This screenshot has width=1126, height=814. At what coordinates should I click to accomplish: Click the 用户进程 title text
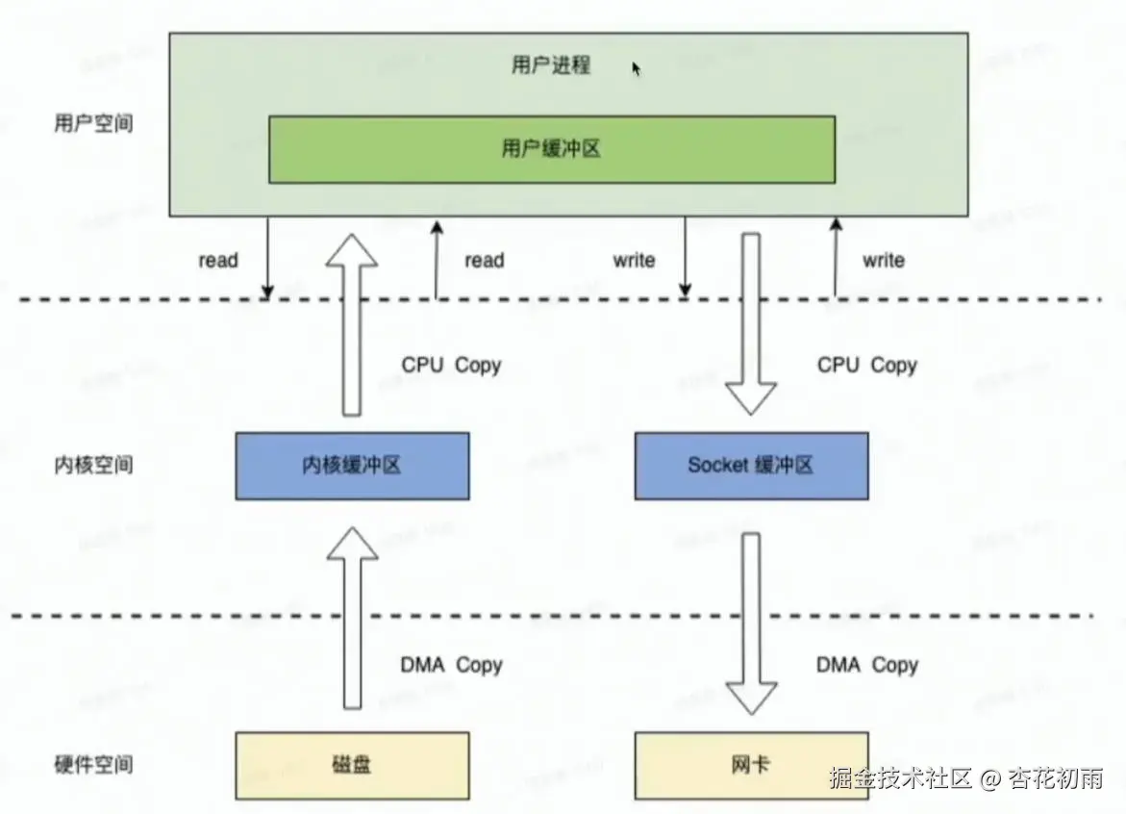550,66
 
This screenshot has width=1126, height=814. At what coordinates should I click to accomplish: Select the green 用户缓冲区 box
551,149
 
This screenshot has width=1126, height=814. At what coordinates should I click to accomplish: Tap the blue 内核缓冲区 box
352,466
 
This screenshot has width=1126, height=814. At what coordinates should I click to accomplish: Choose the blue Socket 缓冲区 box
751,466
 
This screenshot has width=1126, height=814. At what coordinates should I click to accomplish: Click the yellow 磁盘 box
352,766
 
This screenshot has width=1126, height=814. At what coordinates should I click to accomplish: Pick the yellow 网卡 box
751,766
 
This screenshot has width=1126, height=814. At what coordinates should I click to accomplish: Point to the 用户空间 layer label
93,125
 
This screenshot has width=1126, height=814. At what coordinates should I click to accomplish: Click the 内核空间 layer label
93,466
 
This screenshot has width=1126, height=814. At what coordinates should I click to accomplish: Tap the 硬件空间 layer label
93,766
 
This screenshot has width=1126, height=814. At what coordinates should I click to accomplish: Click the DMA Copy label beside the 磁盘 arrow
451,665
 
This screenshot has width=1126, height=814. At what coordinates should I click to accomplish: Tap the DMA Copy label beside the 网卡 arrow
867,665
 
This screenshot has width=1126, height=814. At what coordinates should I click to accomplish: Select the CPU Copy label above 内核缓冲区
451,366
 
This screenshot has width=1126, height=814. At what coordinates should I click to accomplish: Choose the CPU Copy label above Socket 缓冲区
867,366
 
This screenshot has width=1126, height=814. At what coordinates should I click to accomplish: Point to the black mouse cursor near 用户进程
636,68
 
